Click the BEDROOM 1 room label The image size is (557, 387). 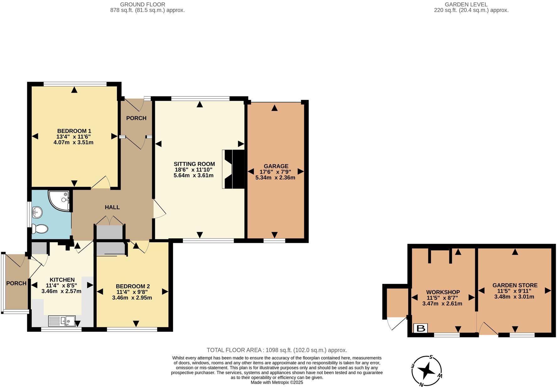[74, 131]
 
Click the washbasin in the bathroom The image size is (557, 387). [37, 212]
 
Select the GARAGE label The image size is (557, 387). [276, 166]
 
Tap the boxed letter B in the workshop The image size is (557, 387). [421, 329]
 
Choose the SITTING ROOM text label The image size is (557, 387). [194, 164]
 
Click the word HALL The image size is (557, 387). [112, 207]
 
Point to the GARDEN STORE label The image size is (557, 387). [515, 285]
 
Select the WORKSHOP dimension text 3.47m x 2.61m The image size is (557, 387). [442, 304]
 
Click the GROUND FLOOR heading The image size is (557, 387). [143, 4]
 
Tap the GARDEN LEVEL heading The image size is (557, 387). [466, 4]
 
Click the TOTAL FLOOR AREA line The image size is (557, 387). [277, 350]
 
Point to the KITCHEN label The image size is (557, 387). [62, 280]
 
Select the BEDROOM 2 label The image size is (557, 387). [133, 286]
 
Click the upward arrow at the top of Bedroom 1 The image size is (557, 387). [74, 90]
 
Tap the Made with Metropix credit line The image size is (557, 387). [277, 382]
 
